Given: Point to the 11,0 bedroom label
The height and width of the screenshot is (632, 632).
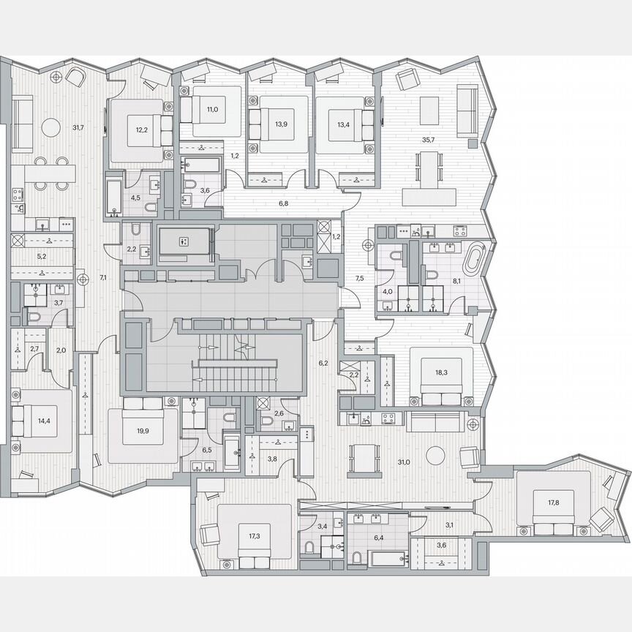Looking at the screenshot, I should coord(212,109).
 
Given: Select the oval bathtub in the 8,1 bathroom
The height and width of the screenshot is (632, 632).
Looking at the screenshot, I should coord(476,257).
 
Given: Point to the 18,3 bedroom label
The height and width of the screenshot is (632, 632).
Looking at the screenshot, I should coord(441,372).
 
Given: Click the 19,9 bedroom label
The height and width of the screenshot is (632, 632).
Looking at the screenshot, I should coord(142,431).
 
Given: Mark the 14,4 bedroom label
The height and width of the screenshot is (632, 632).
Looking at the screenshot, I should coord(45,421).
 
